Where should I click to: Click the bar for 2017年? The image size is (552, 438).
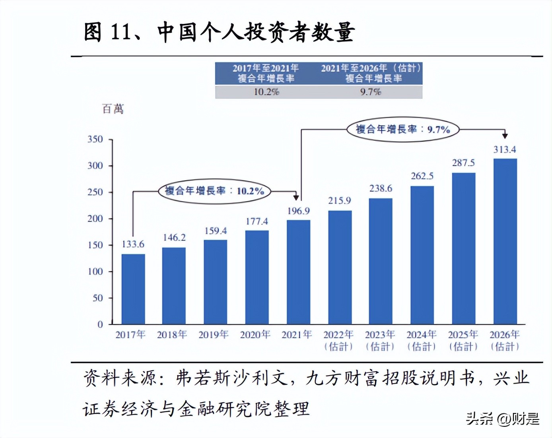(133, 289)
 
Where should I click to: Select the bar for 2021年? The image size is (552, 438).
(298, 272)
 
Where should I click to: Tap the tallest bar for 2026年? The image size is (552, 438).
(505, 241)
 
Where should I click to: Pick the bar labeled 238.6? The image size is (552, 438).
(381, 261)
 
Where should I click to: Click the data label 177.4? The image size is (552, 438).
(257, 221)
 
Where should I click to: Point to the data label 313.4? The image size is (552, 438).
(505, 150)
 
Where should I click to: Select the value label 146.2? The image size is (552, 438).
(174, 238)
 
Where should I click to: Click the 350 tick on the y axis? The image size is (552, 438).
(95, 139)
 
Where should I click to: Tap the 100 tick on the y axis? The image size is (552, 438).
(95, 271)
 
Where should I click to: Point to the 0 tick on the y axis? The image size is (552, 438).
(100, 324)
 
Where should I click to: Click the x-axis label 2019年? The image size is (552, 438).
(214, 335)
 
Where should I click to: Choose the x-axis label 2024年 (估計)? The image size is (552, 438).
(422, 341)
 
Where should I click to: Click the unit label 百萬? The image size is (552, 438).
(113, 109)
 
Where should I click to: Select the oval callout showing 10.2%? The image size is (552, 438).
(214, 191)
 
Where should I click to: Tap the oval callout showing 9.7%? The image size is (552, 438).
(403, 129)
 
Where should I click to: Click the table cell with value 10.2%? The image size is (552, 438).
(266, 92)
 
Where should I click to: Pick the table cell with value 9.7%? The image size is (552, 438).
(371, 92)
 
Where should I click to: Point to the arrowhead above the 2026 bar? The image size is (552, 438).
(505, 136)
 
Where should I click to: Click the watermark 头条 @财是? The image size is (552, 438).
(503, 419)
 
